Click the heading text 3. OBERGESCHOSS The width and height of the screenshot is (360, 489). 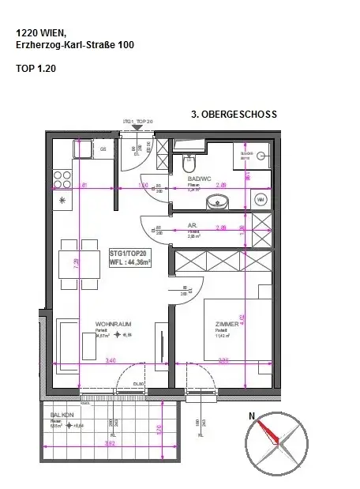[234, 115]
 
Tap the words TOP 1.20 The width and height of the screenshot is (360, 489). [36, 69]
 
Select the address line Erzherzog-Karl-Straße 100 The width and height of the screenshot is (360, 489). [75, 46]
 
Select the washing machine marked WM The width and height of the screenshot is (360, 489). [261, 200]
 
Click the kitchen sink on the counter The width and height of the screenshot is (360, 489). [82, 149]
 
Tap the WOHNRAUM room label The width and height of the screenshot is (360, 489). [112, 324]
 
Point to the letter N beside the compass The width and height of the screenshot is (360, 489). [252, 416]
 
